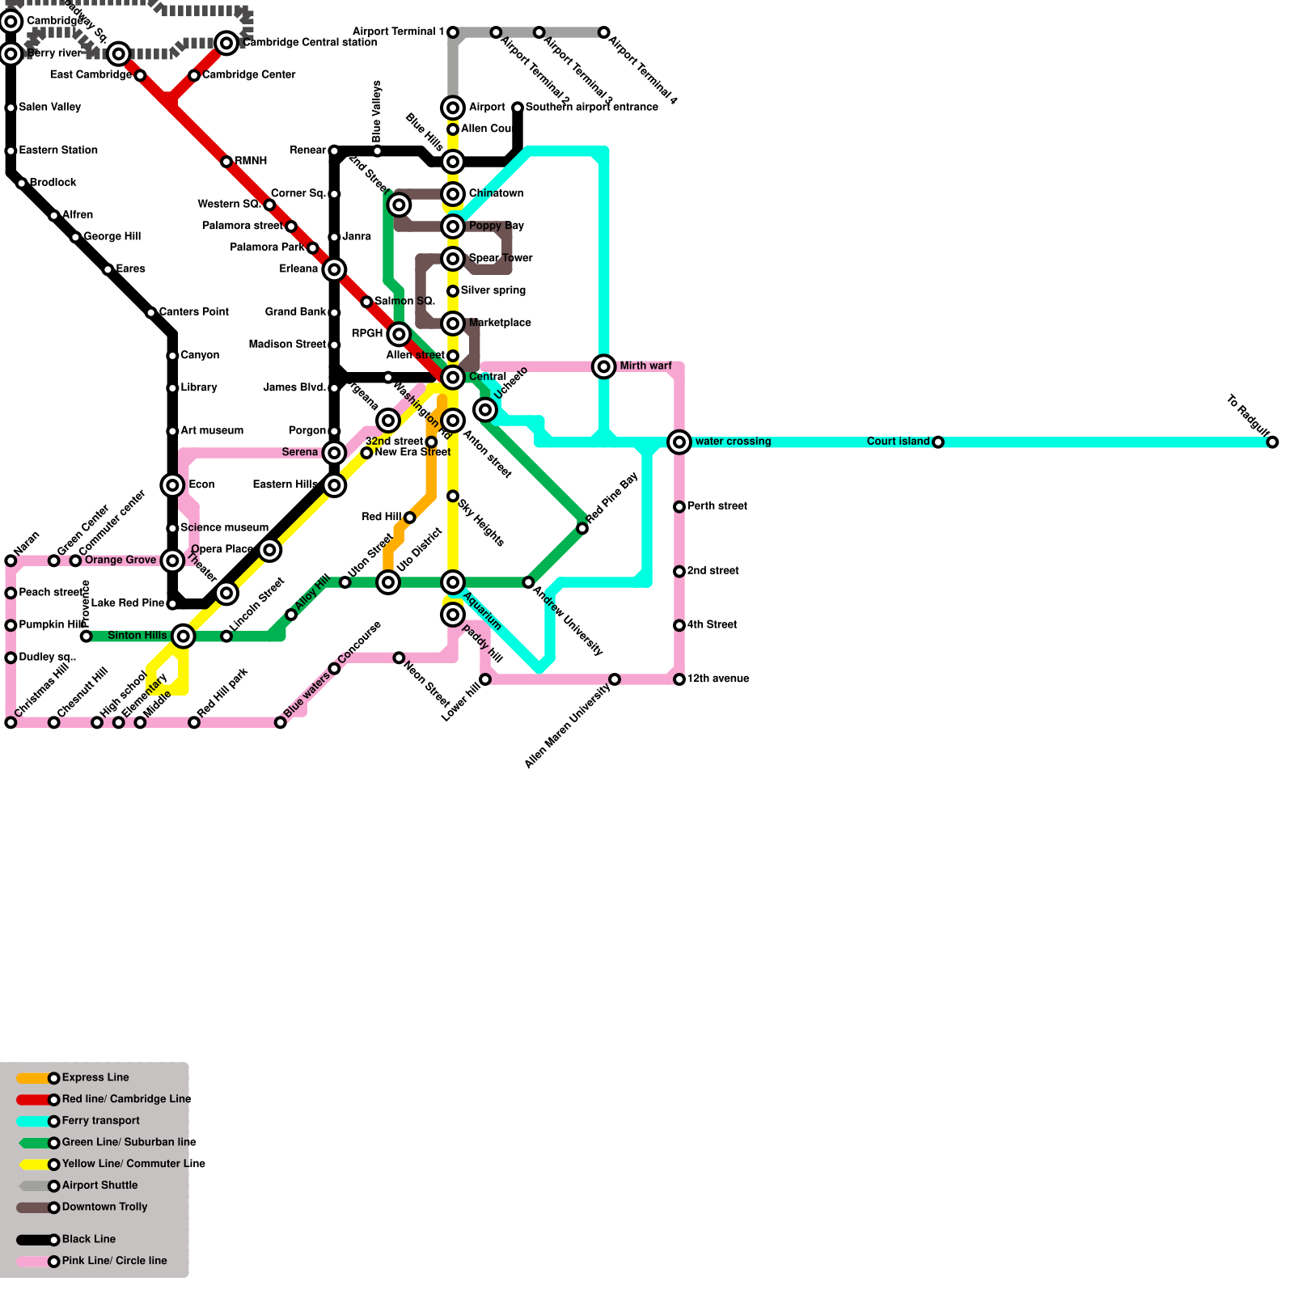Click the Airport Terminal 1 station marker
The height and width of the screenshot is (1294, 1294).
[453, 32]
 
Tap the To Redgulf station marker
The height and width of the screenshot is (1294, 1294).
[1272, 442]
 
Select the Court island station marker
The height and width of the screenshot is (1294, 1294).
[937, 442]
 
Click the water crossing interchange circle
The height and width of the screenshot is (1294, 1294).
[679, 442]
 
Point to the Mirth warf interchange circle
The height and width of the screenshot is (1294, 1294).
[603, 366]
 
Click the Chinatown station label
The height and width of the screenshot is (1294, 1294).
[496, 194]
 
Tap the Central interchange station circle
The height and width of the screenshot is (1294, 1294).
[453, 378]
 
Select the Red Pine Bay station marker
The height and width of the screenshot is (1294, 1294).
[582, 528]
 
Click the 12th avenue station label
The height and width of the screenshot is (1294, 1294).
[718, 679]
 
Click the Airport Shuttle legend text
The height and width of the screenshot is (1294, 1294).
[99, 1186]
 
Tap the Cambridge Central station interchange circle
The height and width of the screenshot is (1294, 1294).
[226, 43]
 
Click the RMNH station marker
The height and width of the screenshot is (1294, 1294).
[226, 162]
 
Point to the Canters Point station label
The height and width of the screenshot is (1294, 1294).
[194, 312]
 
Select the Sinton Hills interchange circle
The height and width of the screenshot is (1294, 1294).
[184, 636]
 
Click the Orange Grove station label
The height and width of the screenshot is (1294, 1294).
[121, 560]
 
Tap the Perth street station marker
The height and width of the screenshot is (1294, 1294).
[679, 507]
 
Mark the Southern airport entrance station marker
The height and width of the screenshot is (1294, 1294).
[518, 108]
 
